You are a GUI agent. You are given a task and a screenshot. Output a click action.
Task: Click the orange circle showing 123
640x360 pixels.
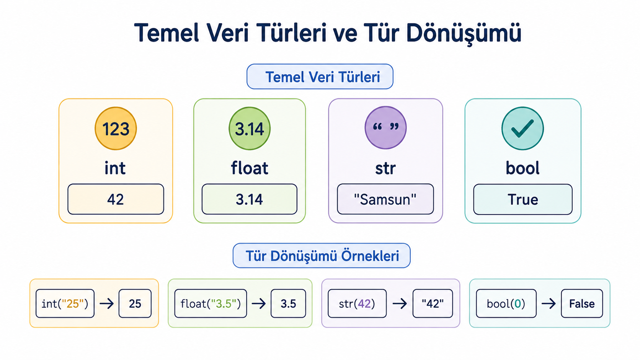(116, 129)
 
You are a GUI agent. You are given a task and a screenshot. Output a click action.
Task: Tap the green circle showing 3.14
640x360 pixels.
(250, 129)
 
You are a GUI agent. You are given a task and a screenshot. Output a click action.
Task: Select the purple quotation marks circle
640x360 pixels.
(386, 128)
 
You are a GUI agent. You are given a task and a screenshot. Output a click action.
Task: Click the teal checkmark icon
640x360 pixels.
(522, 129)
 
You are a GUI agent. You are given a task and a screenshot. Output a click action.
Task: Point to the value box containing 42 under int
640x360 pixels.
(116, 199)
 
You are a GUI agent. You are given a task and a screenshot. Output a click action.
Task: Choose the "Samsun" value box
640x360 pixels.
(385, 199)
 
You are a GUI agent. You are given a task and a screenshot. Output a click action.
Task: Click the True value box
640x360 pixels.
(523, 199)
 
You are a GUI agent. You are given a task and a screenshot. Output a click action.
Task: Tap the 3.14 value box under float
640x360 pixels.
(250, 199)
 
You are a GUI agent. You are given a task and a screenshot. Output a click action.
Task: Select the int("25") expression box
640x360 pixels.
(65, 303)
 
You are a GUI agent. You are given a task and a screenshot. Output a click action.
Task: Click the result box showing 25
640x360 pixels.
(135, 303)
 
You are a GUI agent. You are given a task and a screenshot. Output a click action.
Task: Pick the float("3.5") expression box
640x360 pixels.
(211, 303)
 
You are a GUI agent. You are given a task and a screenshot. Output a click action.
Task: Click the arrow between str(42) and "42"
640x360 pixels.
(400, 303)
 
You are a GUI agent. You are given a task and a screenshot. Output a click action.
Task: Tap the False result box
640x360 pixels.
(582, 303)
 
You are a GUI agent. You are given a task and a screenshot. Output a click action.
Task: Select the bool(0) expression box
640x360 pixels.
(506, 303)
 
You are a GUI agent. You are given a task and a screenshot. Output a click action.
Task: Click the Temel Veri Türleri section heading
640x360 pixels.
(320, 77)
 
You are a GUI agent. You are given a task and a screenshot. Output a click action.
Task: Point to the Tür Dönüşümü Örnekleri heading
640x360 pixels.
(322, 256)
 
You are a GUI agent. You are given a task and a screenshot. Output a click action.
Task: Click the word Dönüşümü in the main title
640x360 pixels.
(464, 33)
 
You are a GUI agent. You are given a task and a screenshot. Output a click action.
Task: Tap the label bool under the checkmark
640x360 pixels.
(522, 168)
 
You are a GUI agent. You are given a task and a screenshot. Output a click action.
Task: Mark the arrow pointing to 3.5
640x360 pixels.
(259, 303)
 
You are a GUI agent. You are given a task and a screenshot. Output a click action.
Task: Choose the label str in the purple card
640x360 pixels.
(385, 168)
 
